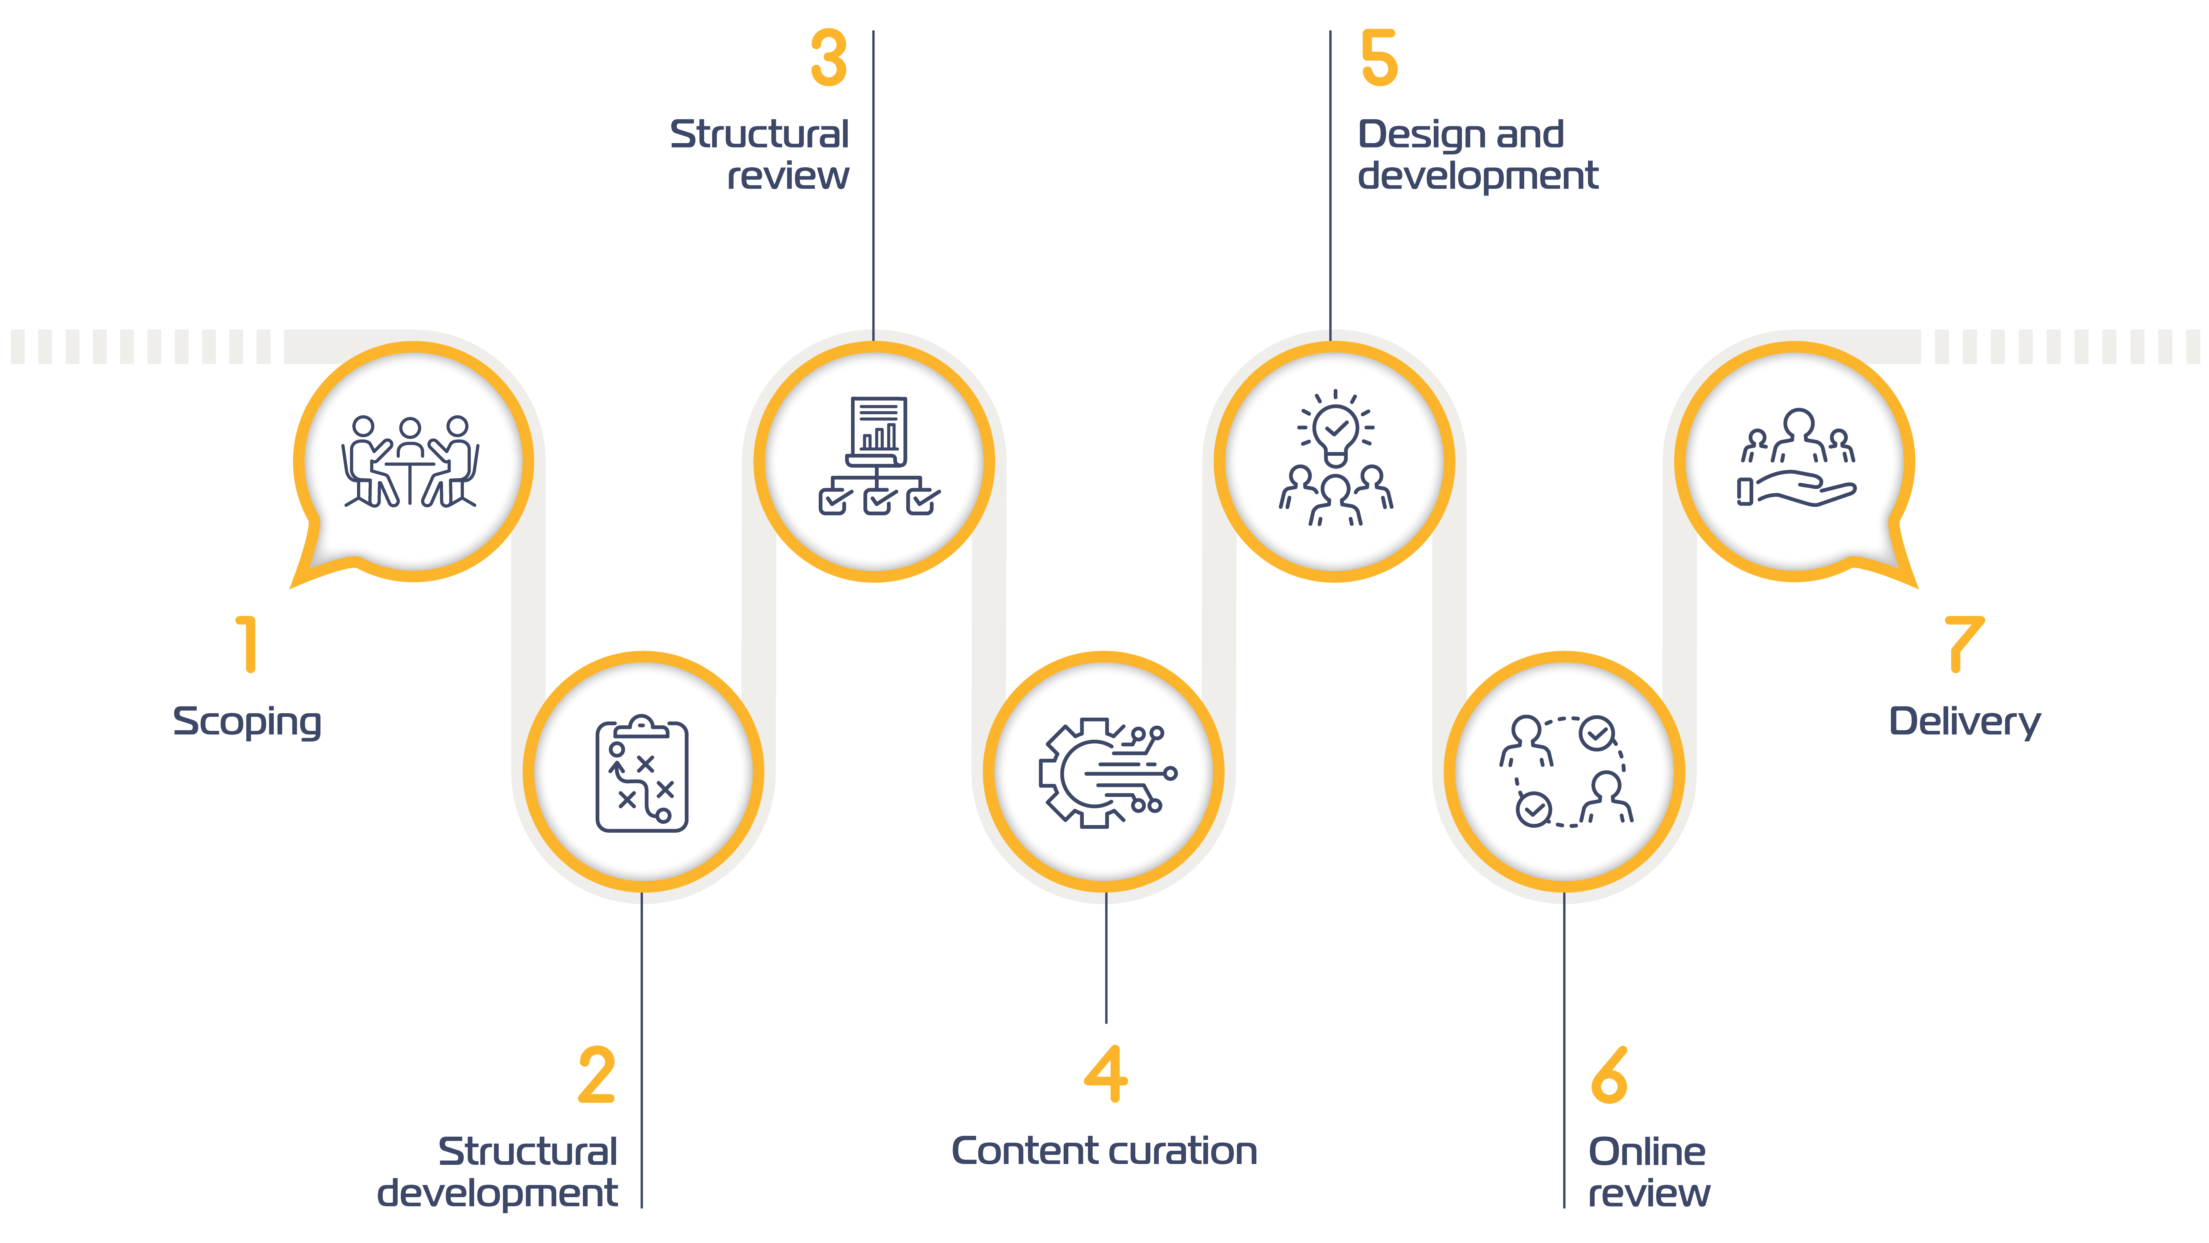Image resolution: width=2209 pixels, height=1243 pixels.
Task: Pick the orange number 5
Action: click(x=1379, y=58)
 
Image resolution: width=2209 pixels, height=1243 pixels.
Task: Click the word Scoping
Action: click(x=247, y=722)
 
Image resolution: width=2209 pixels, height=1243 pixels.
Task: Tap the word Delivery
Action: click(x=1965, y=722)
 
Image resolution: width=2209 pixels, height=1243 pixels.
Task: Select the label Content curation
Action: click(x=1104, y=1151)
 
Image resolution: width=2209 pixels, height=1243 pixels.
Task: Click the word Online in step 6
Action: click(x=1647, y=1151)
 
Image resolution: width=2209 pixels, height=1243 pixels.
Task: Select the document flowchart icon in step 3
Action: click(x=878, y=455)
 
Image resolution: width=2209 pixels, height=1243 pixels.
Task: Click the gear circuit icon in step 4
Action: click(x=1104, y=772)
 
